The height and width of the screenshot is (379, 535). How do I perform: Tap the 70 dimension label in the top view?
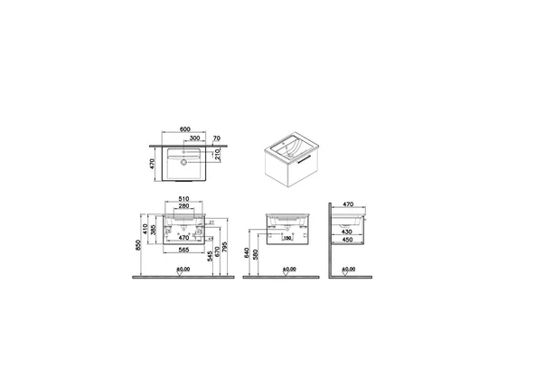coord(217,137)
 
